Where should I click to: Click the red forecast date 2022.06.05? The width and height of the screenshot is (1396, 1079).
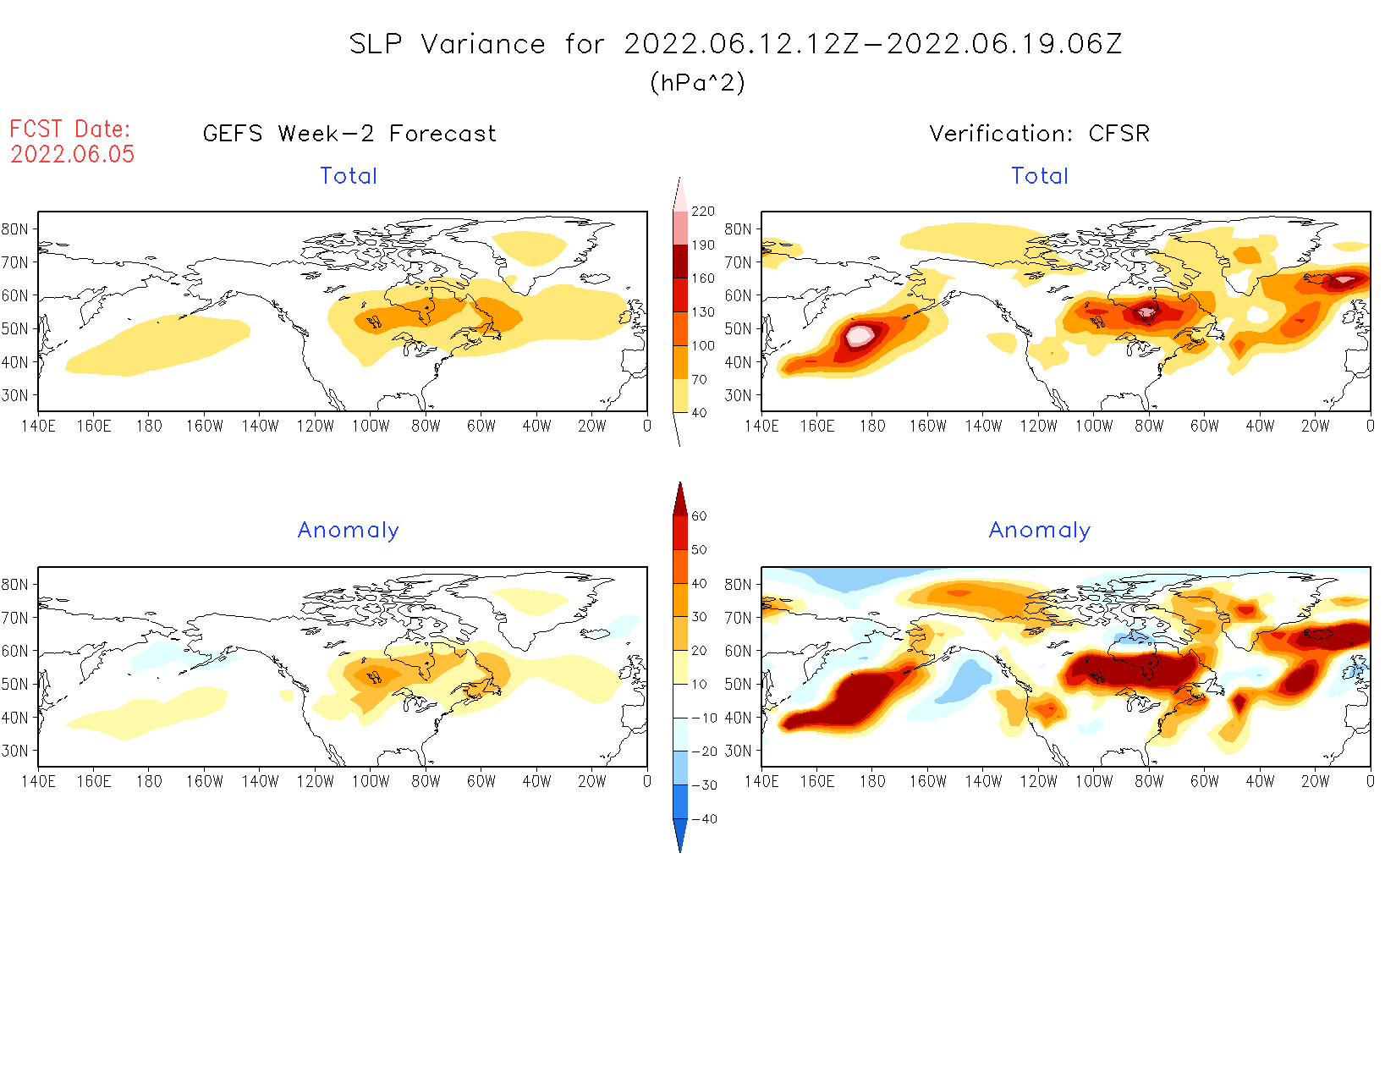[x=72, y=154]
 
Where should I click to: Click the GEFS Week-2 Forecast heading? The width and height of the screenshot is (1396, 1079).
[x=349, y=134]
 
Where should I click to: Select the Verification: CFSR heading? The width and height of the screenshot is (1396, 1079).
[x=1039, y=134]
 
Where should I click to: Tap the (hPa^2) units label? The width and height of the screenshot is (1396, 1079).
[x=697, y=82]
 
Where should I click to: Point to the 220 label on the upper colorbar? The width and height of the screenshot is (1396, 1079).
[x=702, y=212]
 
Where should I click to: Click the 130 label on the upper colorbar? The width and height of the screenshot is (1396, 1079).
[x=702, y=312]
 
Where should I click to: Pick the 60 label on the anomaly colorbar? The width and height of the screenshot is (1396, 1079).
[x=699, y=516]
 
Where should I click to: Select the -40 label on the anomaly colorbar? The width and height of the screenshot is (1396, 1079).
[x=703, y=819]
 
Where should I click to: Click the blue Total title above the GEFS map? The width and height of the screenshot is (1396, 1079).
[x=349, y=176]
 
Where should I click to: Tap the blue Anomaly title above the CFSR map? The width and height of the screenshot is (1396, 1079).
[x=1039, y=531]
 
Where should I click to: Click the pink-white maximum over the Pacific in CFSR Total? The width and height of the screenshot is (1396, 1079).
[x=859, y=335]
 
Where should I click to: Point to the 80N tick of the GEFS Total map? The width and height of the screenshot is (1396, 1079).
[x=15, y=229]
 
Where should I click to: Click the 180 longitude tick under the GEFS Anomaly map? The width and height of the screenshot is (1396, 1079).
[x=149, y=781]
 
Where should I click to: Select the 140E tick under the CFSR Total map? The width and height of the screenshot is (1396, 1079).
[x=761, y=426]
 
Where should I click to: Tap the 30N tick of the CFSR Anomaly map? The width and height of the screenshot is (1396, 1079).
[x=738, y=751]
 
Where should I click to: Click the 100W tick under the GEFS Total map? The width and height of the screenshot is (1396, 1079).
[x=371, y=426]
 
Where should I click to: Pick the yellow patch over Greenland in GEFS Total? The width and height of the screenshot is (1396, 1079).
[x=530, y=246]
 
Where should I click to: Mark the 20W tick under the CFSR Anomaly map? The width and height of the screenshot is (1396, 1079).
[x=1315, y=781]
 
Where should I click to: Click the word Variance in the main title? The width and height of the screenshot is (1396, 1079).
[x=483, y=44]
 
